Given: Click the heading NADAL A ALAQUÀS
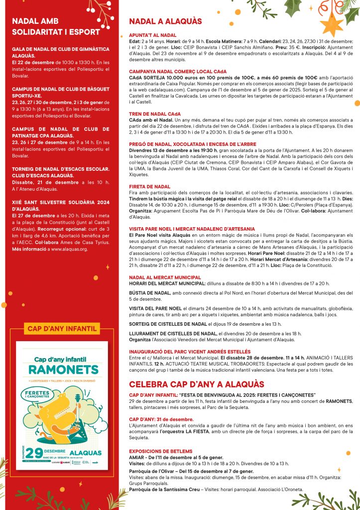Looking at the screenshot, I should point(165,21).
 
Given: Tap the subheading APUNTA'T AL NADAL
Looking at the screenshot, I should point(149,35).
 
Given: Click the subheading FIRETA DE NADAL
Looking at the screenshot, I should point(149,186).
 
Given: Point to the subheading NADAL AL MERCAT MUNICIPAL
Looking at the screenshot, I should point(165,277).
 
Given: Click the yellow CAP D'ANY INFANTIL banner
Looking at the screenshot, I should point(62,329).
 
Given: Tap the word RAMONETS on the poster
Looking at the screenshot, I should point(62,370).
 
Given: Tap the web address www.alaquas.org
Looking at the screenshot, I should point(69,249).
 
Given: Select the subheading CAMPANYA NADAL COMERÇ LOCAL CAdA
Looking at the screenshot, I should point(177,72).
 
